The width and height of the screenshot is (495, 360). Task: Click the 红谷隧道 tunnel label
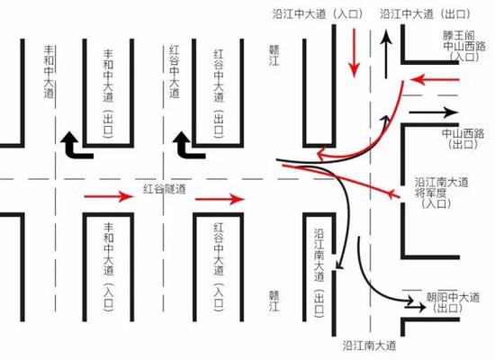[x=165, y=189]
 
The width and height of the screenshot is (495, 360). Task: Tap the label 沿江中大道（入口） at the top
[x=318, y=14]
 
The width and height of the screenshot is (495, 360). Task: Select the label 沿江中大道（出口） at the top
[x=425, y=14]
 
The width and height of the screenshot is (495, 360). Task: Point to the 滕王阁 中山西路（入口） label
[x=463, y=46]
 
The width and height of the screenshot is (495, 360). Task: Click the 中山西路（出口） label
[x=463, y=139]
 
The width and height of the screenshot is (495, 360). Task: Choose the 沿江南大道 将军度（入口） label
[x=441, y=193]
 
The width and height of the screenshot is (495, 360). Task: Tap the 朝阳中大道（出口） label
[x=453, y=302]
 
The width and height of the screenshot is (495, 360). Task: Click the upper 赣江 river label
[x=274, y=55]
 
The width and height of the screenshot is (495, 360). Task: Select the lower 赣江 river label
[x=274, y=301]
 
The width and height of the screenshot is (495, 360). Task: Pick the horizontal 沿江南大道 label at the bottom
[x=369, y=346]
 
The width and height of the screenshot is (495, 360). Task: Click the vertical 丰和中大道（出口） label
[x=108, y=94]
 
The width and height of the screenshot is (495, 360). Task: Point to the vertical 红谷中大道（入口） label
[x=219, y=267]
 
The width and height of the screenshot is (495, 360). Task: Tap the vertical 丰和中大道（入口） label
[x=108, y=267]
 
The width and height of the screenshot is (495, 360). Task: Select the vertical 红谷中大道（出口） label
[x=219, y=94]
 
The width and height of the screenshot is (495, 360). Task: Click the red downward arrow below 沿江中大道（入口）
[x=355, y=53]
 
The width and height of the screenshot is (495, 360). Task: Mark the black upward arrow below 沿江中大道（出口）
[x=386, y=54]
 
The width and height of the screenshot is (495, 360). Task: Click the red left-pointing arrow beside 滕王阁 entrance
[x=435, y=80]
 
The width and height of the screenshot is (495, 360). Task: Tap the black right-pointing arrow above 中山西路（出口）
[x=434, y=112]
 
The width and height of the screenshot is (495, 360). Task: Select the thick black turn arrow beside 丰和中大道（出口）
[x=76, y=146]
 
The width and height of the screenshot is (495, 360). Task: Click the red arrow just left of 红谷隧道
[x=109, y=196]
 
